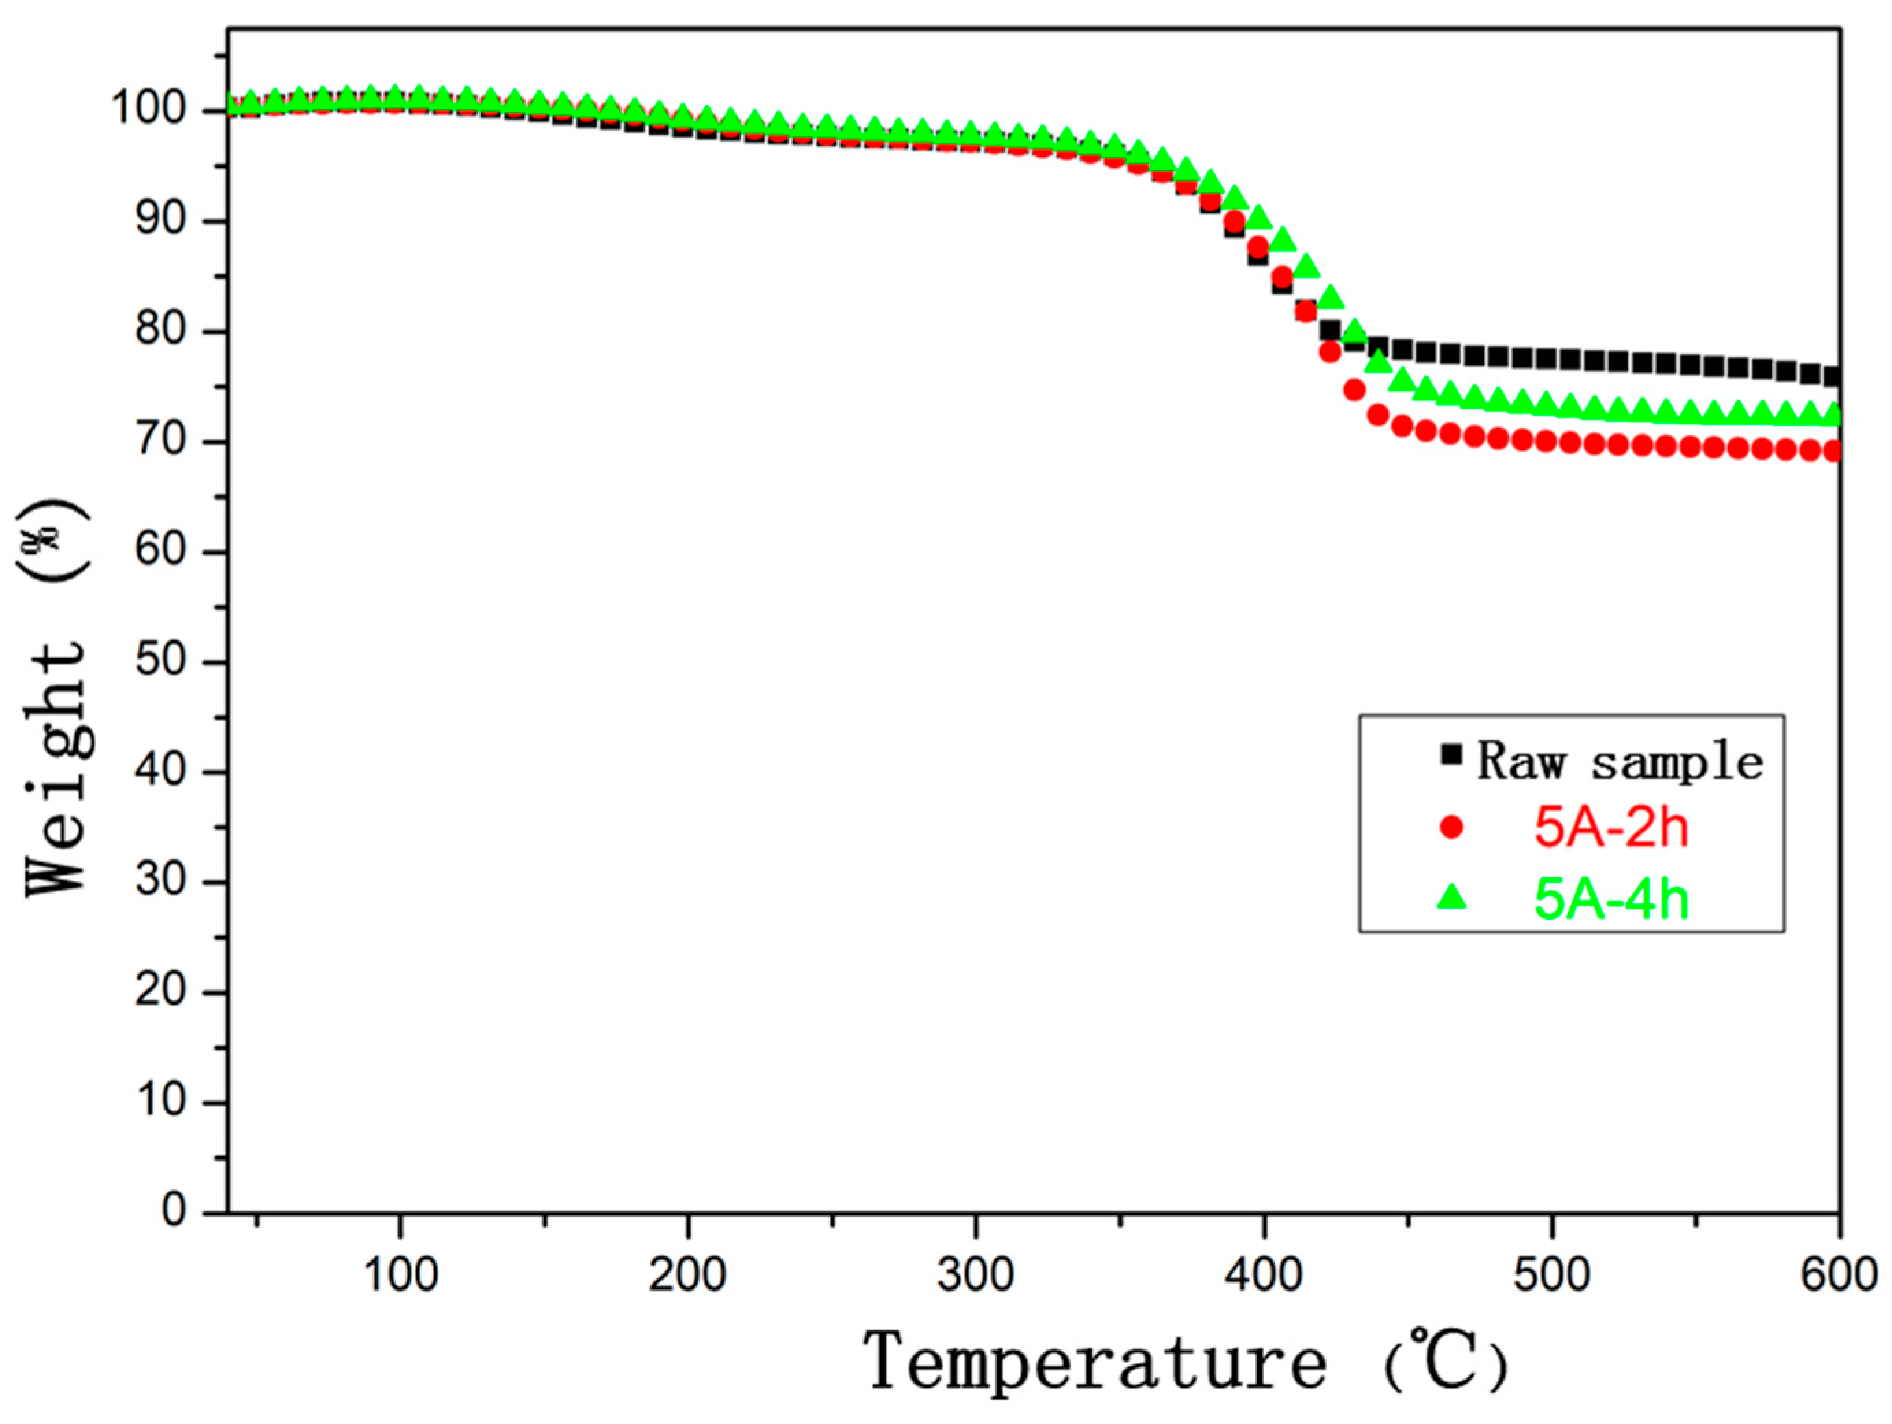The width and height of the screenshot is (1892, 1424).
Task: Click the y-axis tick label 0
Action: coord(174,1212)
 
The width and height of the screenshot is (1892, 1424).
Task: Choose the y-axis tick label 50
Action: coord(161,662)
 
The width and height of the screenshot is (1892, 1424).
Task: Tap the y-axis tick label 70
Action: coord(161,442)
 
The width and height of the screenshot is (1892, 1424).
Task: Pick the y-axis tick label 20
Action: coord(161,992)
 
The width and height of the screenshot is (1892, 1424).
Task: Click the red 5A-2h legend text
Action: coord(1611,828)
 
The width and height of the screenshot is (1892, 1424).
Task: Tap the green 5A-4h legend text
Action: coord(1611,899)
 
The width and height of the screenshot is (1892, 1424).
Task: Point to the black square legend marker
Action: coord(1451,754)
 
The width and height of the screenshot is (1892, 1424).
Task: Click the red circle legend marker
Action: coord(1451,827)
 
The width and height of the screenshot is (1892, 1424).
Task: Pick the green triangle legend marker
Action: coord(1451,897)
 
